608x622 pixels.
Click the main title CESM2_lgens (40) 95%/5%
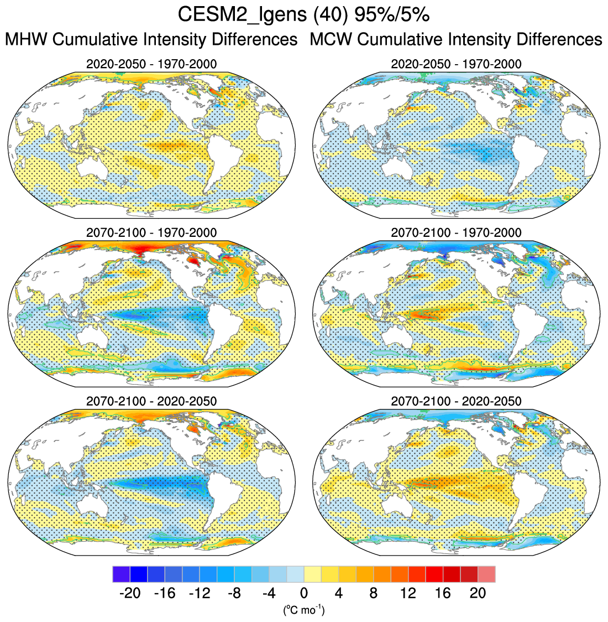303,15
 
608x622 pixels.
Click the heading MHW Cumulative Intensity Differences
151,40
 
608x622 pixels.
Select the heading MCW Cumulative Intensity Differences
456,40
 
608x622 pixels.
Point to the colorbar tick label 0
304,594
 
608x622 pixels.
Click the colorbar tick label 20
478,594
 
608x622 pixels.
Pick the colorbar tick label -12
199,594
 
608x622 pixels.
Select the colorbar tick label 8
374,594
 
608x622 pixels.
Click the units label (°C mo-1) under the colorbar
303,610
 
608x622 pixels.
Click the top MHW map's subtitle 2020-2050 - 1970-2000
151,64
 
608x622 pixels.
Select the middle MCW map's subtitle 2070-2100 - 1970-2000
456,232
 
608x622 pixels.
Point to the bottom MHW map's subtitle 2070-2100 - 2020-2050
151,401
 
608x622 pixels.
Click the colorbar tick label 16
443,594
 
